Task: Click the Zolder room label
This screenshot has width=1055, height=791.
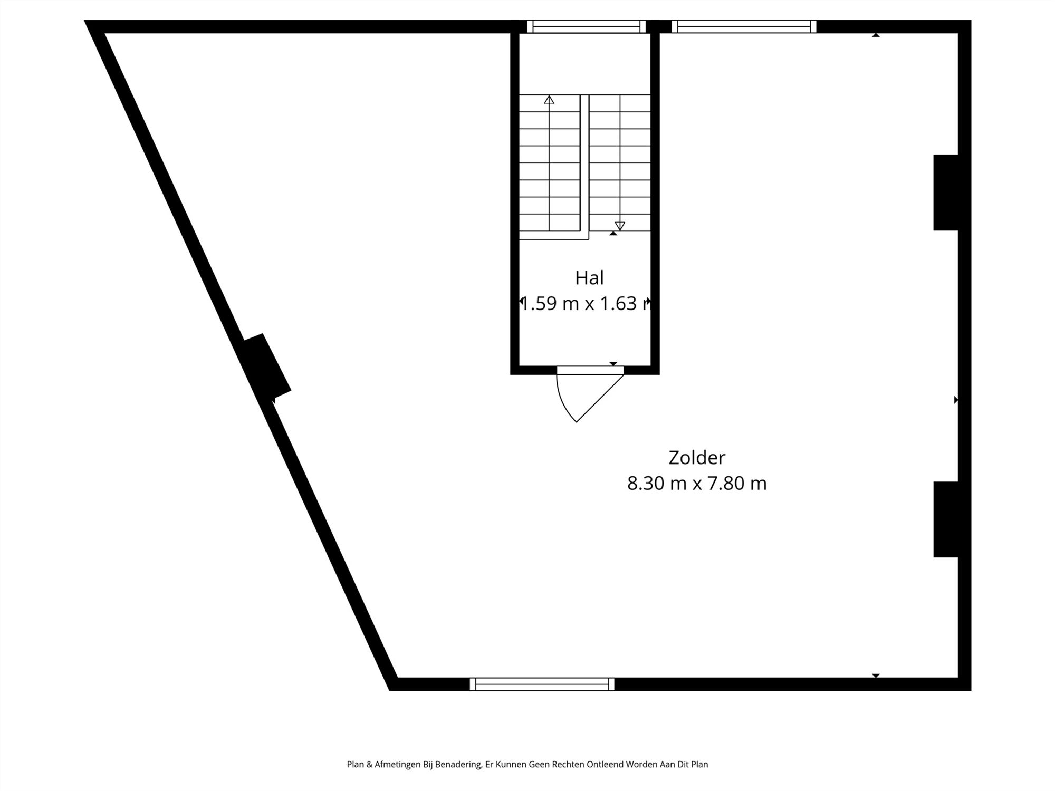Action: [x=696, y=457]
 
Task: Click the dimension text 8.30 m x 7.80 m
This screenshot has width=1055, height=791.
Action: [x=696, y=483]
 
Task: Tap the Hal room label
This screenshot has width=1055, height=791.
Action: [x=589, y=278]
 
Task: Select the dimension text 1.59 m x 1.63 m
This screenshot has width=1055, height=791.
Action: [x=586, y=304]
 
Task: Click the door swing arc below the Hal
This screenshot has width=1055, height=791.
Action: [x=564, y=403]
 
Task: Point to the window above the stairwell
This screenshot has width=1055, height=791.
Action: [x=586, y=26]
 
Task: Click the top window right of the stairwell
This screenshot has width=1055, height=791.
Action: [x=744, y=26]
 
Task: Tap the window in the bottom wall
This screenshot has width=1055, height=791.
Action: [x=542, y=684]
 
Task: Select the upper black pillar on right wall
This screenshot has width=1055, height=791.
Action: [x=946, y=192]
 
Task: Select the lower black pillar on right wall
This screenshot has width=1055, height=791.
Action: [x=946, y=519]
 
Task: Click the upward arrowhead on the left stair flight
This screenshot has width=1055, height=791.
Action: [x=549, y=99]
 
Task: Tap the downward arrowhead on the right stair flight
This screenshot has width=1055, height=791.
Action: [x=620, y=226]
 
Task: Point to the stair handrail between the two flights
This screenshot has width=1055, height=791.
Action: [x=584, y=163]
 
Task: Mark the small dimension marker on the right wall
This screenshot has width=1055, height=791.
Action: [x=956, y=400]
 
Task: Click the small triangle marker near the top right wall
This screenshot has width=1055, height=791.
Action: [x=876, y=35]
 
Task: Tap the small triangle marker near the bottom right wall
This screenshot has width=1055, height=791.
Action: [x=876, y=676]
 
